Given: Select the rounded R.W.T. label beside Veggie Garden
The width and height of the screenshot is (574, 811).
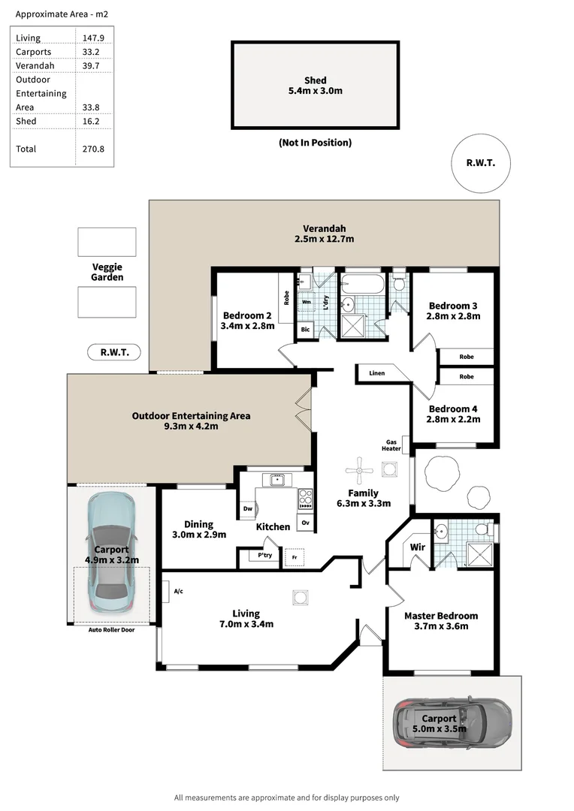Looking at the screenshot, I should (x=114, y=352).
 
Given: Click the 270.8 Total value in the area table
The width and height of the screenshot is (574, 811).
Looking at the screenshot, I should (x=93, y=149).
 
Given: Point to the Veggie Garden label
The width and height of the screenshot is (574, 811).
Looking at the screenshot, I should (x=107, y=272).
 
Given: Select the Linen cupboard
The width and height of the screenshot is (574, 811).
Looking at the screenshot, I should (x=377, y=373).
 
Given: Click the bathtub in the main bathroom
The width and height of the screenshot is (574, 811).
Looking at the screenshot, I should (x=361, y=285).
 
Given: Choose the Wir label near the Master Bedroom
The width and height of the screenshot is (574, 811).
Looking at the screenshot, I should (x=418, y=547).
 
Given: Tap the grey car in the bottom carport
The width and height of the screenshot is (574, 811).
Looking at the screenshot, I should (x=453, y=724).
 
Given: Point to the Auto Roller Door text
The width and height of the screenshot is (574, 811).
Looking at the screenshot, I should (x=111, y=629).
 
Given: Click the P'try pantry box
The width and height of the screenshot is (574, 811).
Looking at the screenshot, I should (x=264, y=556).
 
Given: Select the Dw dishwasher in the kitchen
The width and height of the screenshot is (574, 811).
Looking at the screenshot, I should (x=248, y=509).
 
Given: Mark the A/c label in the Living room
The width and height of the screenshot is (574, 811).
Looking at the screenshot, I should (x=178, y=592).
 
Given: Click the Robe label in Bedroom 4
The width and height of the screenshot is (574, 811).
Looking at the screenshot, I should (x=467, y=376).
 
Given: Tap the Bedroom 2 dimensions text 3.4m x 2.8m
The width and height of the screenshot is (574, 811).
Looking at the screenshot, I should (x=248, y=326).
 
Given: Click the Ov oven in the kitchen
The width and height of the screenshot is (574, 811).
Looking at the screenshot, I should (x=305, y=522).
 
